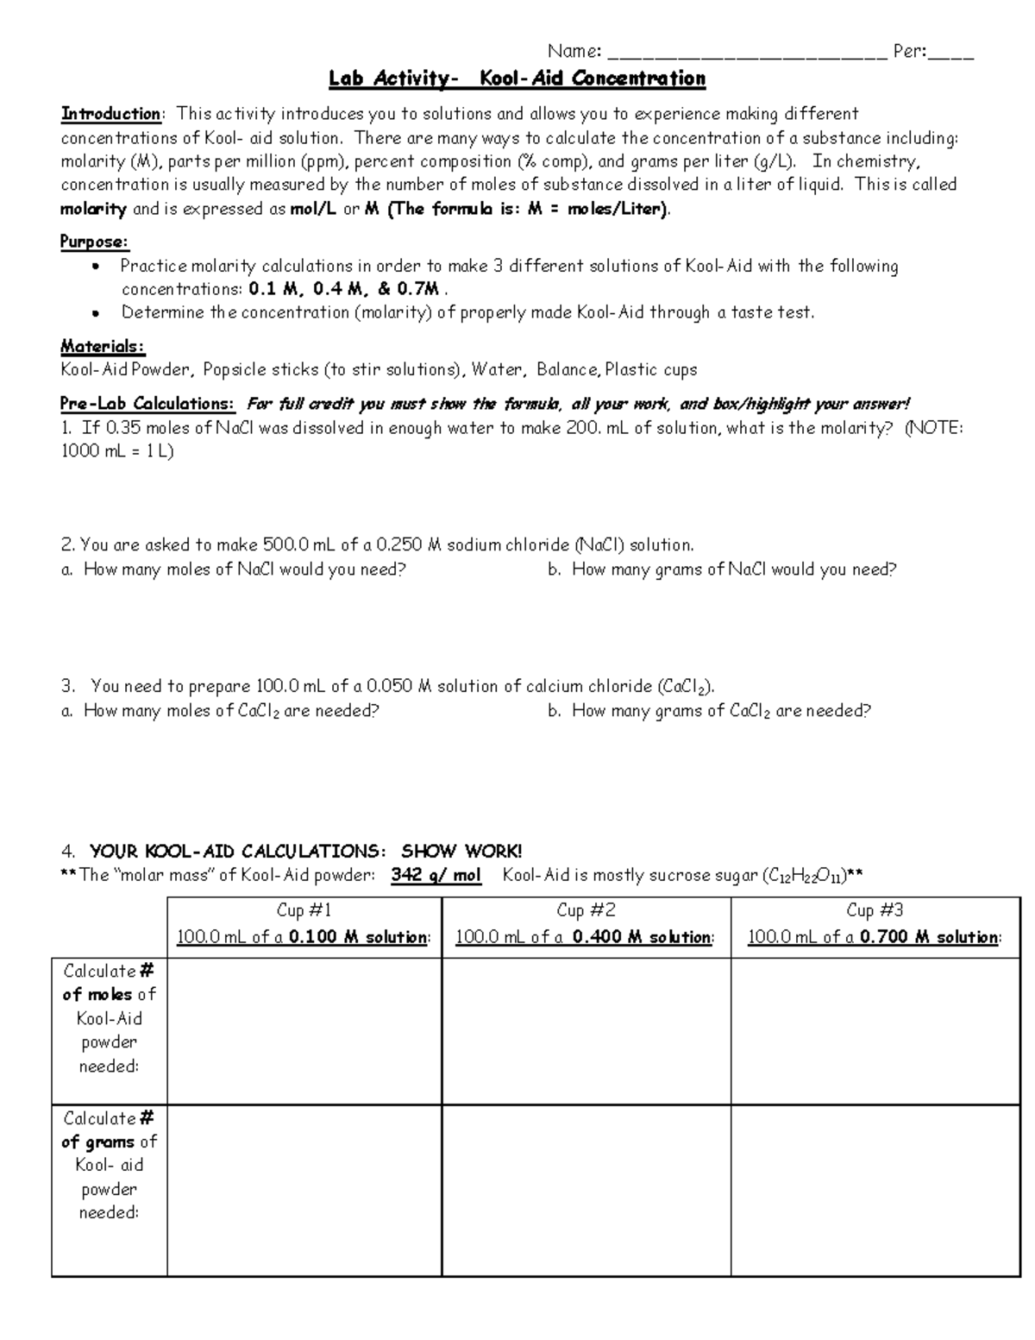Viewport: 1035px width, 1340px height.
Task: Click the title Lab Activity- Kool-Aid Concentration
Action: (517, 79)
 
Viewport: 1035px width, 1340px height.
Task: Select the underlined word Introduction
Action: (110, 114)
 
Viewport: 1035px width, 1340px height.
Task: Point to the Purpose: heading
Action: (94, 242)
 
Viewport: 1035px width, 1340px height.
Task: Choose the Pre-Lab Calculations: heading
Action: (147, 404)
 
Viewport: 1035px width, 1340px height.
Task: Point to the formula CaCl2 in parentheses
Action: (687, 688)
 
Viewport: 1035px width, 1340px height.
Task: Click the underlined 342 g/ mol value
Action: (436, 876)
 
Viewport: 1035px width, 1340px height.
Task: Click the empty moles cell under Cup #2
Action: (586, 1031)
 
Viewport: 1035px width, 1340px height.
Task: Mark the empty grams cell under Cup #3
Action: (875, 1191)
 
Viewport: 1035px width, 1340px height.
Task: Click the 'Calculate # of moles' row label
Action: (109, 1018)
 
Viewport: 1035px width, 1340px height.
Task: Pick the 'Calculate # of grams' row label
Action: (109, 1165)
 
